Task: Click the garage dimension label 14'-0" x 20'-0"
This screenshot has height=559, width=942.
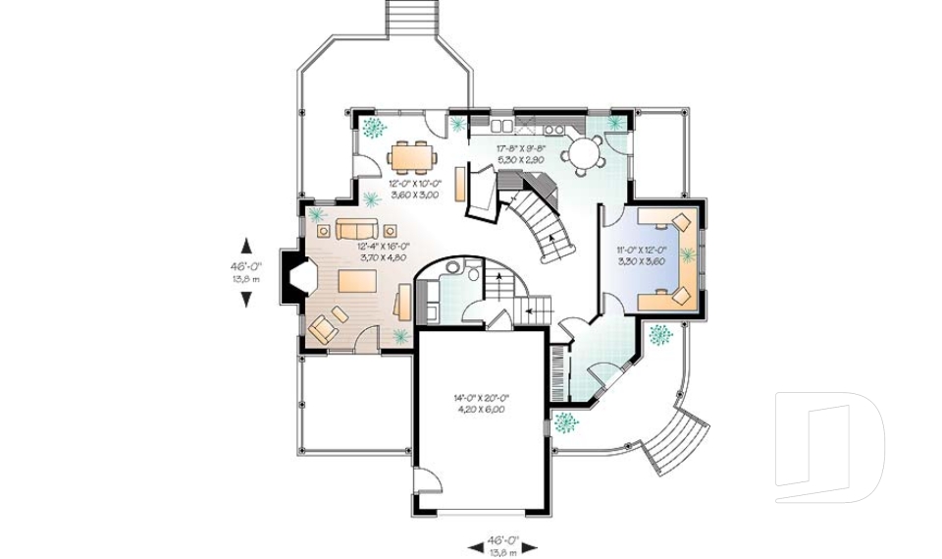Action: pos(480,403)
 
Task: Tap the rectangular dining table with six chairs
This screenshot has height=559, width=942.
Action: pos(409,156)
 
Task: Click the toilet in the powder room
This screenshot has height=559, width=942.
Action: pos(471,271)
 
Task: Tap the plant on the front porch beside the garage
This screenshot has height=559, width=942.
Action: pos(565,422)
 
